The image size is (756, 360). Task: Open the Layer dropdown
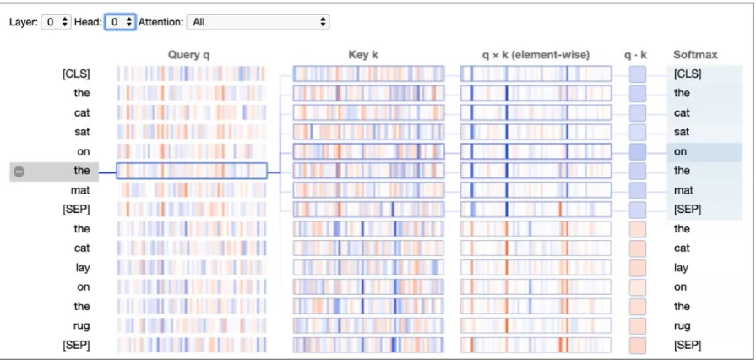tap(57, 22)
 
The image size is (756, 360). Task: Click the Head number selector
tap(121, 22)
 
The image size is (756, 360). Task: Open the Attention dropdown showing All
tap(258, 22)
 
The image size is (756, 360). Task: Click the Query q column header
tap(189, 55)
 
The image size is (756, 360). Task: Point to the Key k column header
tap(363, 55)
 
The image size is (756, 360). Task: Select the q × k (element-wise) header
tap(536, 55)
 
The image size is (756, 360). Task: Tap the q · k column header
tap(635, 55)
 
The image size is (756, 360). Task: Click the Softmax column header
tap(695, 55)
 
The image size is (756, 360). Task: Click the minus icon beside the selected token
tap(19, 172)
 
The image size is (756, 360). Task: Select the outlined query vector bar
tap(192, 171)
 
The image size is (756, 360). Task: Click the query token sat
tap(82, 132)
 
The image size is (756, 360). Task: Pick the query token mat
tap(80, 190)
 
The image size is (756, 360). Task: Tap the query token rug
tap(81, 326)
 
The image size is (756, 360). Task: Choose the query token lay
tap(83, 268)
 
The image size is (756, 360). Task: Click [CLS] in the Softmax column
tap(687, 74)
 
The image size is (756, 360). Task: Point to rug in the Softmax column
tap(683, 326)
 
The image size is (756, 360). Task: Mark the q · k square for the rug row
tap(638, 325)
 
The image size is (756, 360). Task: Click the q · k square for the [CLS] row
tap(638, 74)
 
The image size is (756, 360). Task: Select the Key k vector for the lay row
tap(368, 267)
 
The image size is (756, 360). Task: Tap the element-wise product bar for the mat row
tap(536, 190)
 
